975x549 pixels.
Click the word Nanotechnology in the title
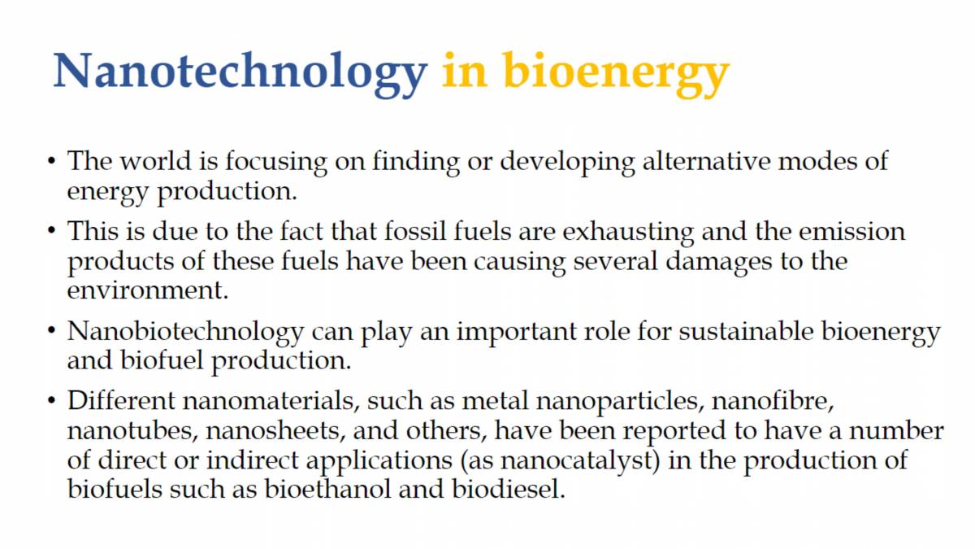coord(240,71)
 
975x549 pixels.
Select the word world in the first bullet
coord(156,160)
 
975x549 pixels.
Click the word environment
coord(147,290)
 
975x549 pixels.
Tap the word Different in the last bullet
coord(120,402)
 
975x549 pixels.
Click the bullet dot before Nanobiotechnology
coord(51,332)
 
